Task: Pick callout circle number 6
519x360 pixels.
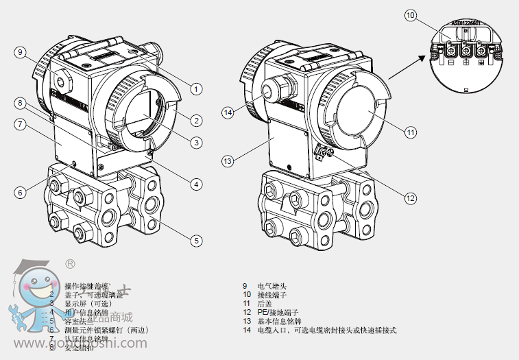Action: tap(21, 193)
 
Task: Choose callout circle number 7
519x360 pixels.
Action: tap(21, 125)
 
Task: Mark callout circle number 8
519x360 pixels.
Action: tap(21, 104)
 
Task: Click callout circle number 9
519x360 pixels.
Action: tap(21, 52)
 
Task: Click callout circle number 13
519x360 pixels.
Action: tap(228, 161)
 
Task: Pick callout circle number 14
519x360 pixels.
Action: tap(228, 112)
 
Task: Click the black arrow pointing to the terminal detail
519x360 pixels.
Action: tap(413, 67)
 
